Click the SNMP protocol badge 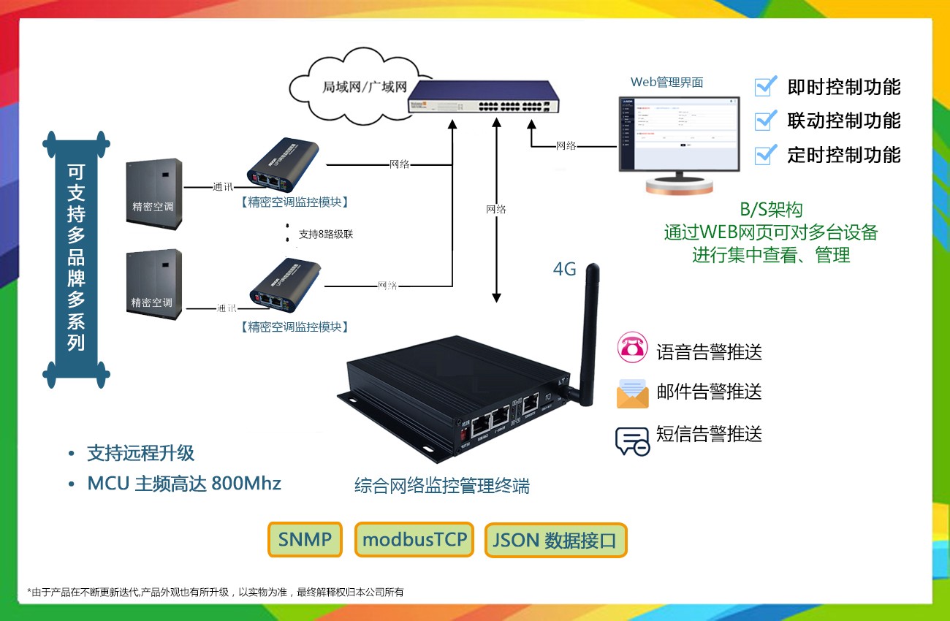305,540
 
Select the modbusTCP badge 414,540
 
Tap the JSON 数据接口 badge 555,541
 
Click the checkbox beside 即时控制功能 765,86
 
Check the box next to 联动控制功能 765,120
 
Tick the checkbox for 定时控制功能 765,154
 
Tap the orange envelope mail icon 632,393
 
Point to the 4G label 564,270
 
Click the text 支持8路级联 326,235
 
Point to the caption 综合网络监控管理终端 442,485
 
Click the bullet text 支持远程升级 140,453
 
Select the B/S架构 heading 771,210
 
